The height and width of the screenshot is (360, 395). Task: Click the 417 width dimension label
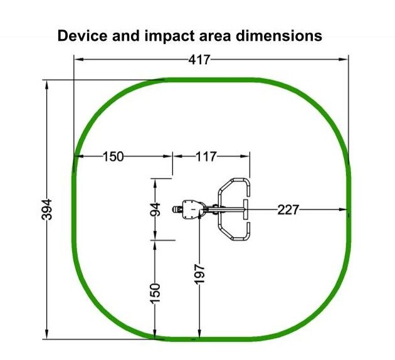199,60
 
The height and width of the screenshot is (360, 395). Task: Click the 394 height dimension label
46,209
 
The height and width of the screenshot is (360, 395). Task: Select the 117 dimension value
206,157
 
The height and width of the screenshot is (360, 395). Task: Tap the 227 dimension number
288,209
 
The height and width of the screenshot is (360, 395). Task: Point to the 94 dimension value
155,209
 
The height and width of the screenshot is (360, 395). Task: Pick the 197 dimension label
200,274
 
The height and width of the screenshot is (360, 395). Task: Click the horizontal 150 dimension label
113,157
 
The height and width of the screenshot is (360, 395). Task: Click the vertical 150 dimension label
155,294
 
